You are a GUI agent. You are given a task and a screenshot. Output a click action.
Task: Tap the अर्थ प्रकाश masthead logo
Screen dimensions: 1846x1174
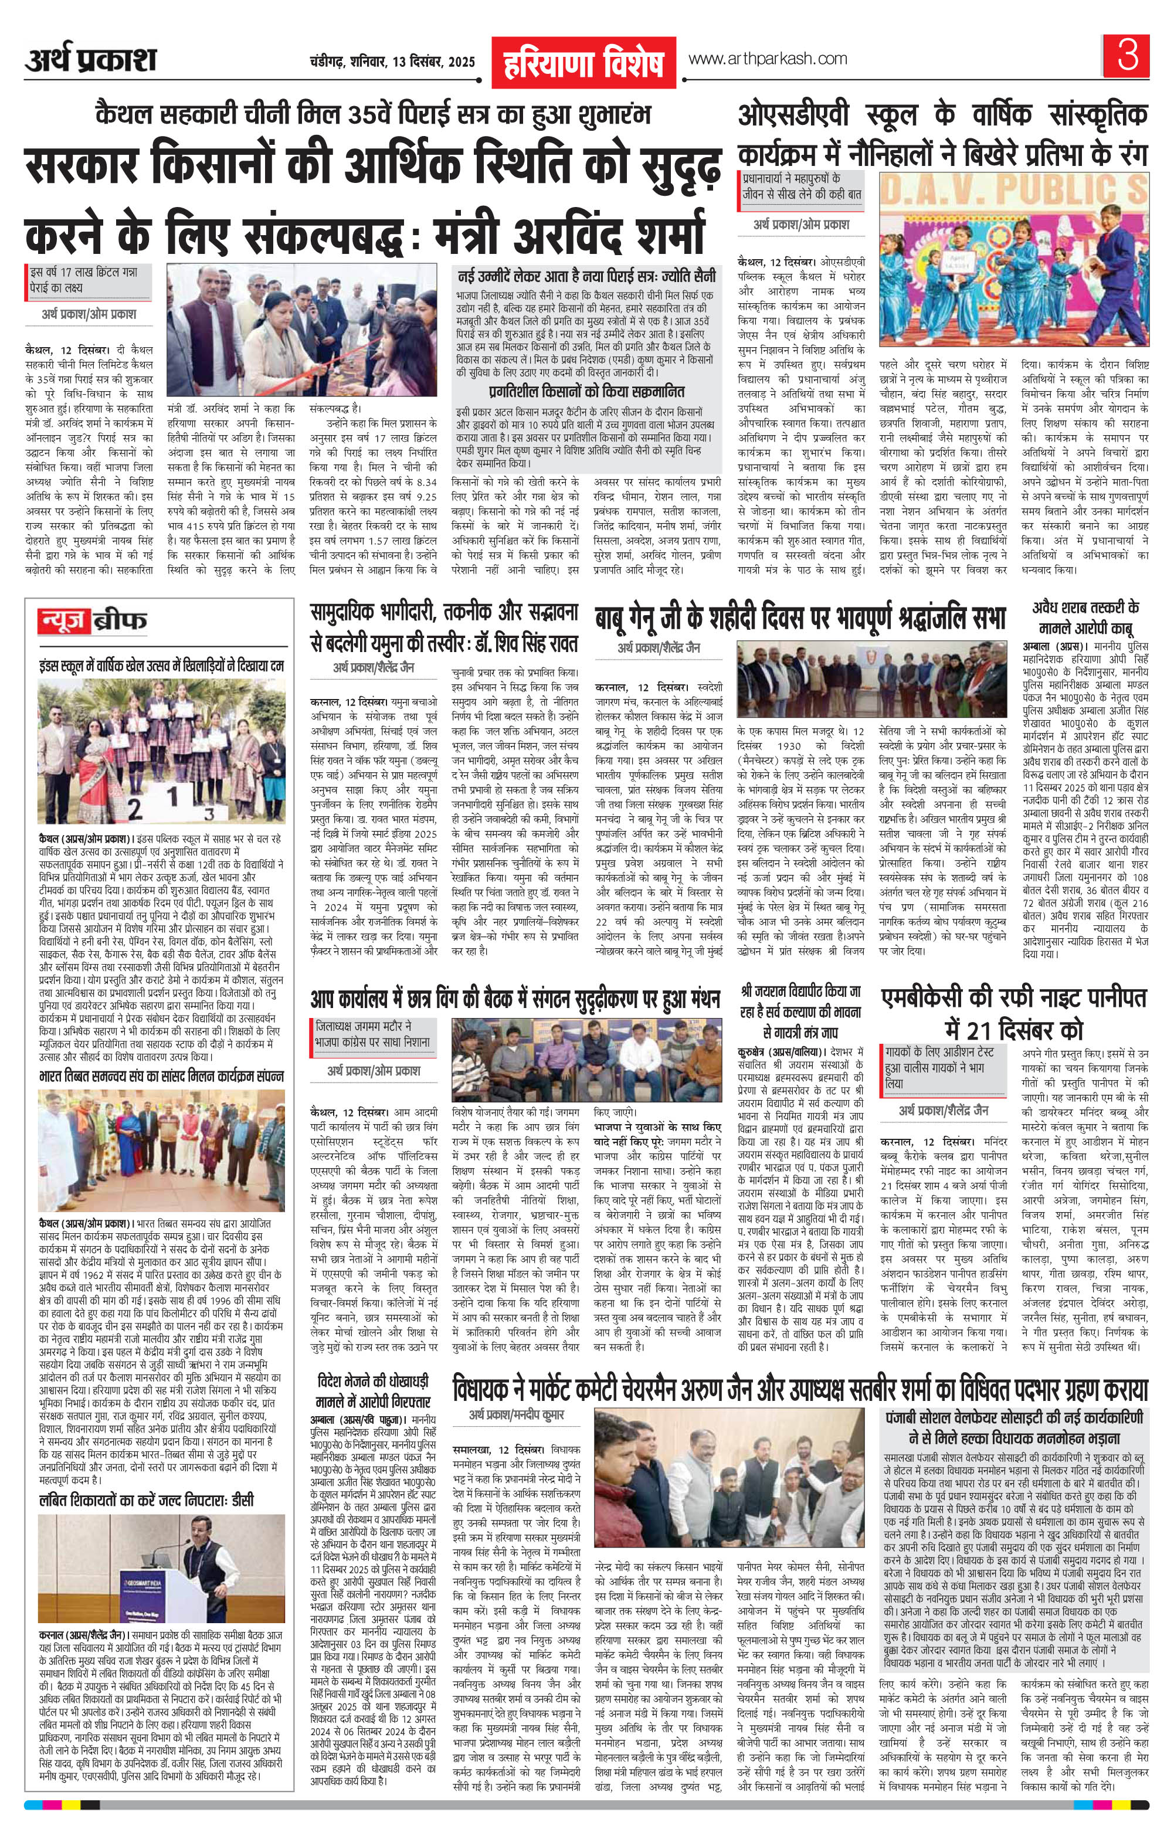click(90, 60)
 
